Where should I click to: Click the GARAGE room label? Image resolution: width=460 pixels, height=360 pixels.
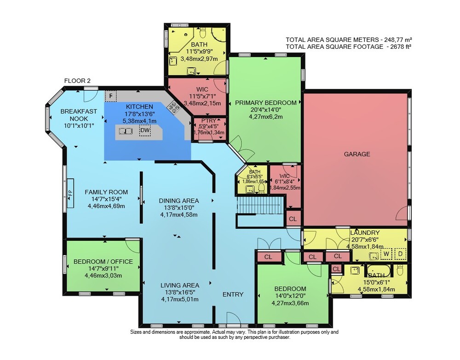pyautogui.click(x=357, y=154)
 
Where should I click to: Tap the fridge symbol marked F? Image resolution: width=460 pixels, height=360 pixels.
pyautogui.click(x=110, y=96)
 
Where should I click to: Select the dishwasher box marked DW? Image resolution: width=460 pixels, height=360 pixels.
pyautogui.click(x=144, y=130)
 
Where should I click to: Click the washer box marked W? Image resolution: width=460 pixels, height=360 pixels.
pyautogui.click(x=386, y=254)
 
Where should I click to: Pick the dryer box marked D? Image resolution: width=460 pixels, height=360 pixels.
pyautogui.click(x=401, y=254)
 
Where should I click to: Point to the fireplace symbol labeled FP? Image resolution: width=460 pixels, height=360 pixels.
pyautogui.click(x=70, y=193)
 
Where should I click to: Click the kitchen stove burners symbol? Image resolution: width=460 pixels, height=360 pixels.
pyautogui.click(x=173, y=107)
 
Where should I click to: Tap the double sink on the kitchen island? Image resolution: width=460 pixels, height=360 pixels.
pyautogui.click(x=126, y=131)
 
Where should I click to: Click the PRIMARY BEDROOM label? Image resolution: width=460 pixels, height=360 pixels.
pyautogui.click(x=265, y=103)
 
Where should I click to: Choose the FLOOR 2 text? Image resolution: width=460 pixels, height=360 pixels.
pyautogui.click(x=77, y=81)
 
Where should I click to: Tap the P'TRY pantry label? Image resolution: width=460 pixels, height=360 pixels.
pyautogui.click(x=208, y=121)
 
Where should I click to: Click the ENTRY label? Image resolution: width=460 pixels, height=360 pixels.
pyautogui.click(x=233, y=295)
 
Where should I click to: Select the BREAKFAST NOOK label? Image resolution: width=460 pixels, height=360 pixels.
pyautogui.click(x=79, y=115)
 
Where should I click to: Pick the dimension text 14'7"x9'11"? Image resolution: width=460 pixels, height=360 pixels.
pyautogui.click(x=103, y=269)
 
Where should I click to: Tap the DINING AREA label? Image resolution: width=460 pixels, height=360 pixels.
pyautogui.click(x=179, y=201)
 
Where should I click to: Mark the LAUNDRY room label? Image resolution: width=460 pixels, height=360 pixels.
pyautogui.click(x=365, y=233)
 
